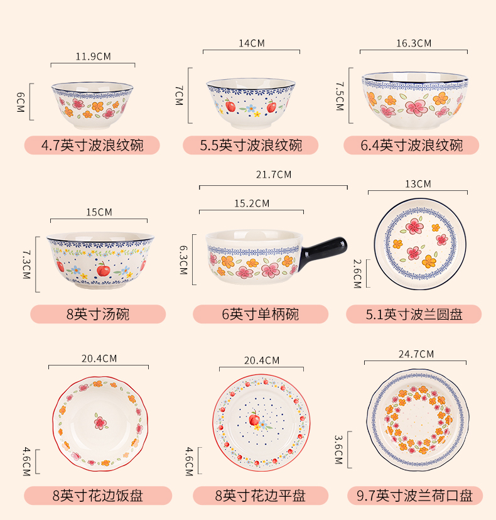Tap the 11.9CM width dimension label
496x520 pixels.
pyautogui.click(x=93, y=57)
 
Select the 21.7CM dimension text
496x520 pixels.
pyautogui.click(x=274, y=175)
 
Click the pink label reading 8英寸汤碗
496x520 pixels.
pyautogui.click(x=98, y=314)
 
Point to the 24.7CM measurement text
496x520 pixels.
pyautogui.click(x=416, y=354)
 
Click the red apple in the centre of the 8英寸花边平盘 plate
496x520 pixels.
pyautogui.click(x=255, y=419)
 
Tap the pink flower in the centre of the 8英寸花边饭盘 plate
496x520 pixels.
pyautogui.click(x=100, y=421)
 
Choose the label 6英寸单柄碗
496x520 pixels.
pyautogui.click(x=261, y=314)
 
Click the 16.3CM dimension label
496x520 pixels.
pyautogui.click(x=414, y=43)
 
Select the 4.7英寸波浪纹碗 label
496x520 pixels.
pyautogui.click(x=92, y=146)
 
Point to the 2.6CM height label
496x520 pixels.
pyautogui.click(x=357, y=273)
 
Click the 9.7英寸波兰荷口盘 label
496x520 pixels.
pyautogui.click(x=415, y=496)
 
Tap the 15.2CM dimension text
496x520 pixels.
pyautogui.click(x=252, y=203)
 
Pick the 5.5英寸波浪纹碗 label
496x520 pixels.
pyautogui.click(x=251, y=146)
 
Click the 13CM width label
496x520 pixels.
pyautogui.click(x=418, y=184)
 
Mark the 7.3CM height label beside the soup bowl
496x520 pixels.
pyautogui.click(x=26, y=264)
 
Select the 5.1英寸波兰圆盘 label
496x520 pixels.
pyautogui.click(x=414, y=314)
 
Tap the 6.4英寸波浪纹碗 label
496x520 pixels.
pyautogui.click(x=411, y=146)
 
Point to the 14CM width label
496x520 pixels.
pyautogui.click(x=252, y=43)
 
